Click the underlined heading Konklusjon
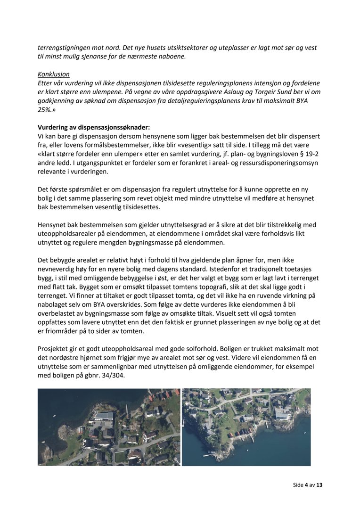tap(54, 74)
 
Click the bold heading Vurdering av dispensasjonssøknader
tap(94, 127)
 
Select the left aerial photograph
tap(109, 427)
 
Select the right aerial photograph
tap(246, 427)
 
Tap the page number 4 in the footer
tap(306, 484)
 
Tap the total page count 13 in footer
tap(319, 484)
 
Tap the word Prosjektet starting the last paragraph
tap(55, 349)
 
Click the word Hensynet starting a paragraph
tap(53, 225)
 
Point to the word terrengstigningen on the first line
tap(65, 48)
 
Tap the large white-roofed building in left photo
tap(104, 416)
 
